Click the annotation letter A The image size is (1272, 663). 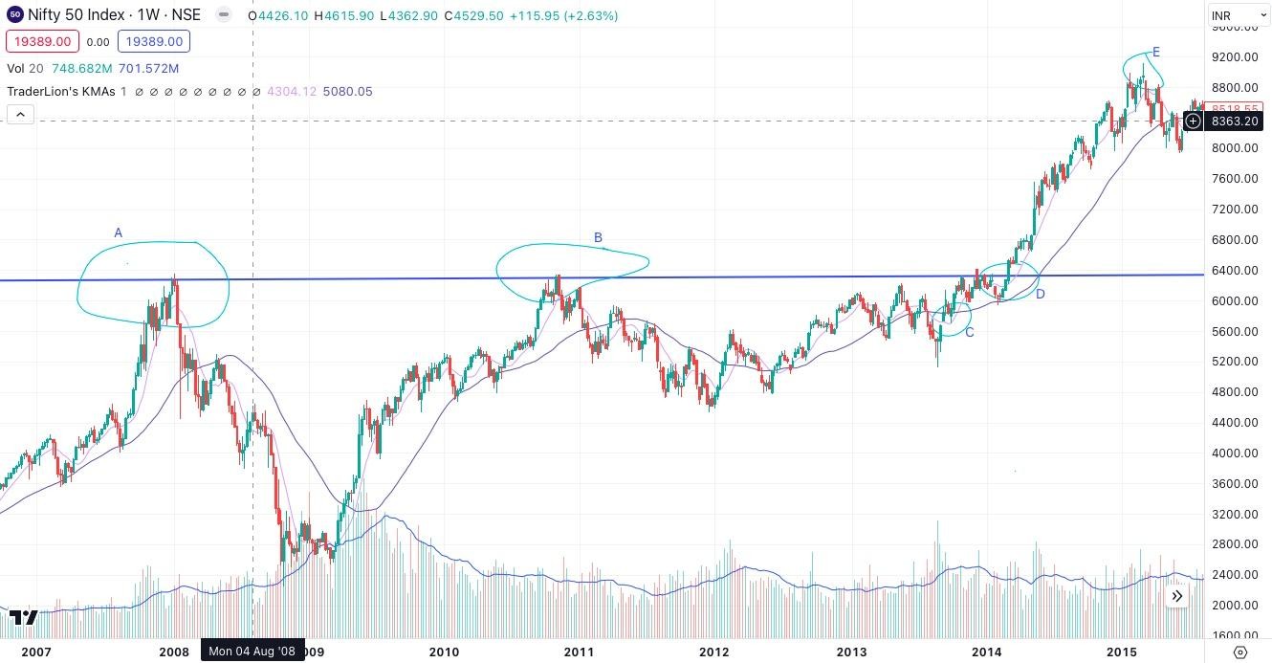(119, 232)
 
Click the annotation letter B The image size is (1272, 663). (598, 238)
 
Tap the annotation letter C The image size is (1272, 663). (970, 332)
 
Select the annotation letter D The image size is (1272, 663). (1040, 294)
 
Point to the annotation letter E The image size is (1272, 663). (1156, 52)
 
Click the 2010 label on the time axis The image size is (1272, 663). (444, 652)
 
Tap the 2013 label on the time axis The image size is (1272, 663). (851, 652)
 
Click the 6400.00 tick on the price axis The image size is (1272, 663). (1234, 271)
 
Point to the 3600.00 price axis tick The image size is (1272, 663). (1234, 484)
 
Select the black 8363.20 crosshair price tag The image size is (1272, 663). (1234, 122)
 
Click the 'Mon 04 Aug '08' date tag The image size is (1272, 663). (252, 652)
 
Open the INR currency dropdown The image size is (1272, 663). (1238, 15)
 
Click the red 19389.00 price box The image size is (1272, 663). (40, 41)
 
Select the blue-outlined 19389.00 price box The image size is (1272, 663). (154, 41)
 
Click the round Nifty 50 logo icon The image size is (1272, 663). (14, 15)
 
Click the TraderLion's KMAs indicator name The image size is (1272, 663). (61, 92)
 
